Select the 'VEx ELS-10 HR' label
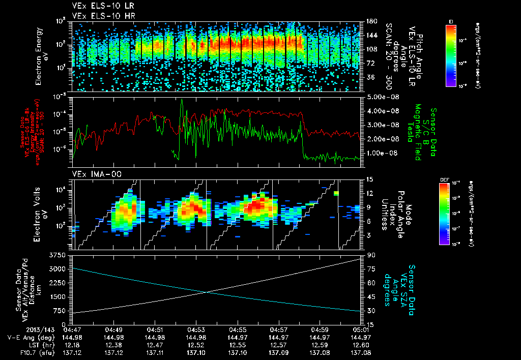(x=99, y=16)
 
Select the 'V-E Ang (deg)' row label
(x=27, y=337)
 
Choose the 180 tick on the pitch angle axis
(x=371, y=21)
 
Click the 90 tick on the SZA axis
(x=370, y=254)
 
